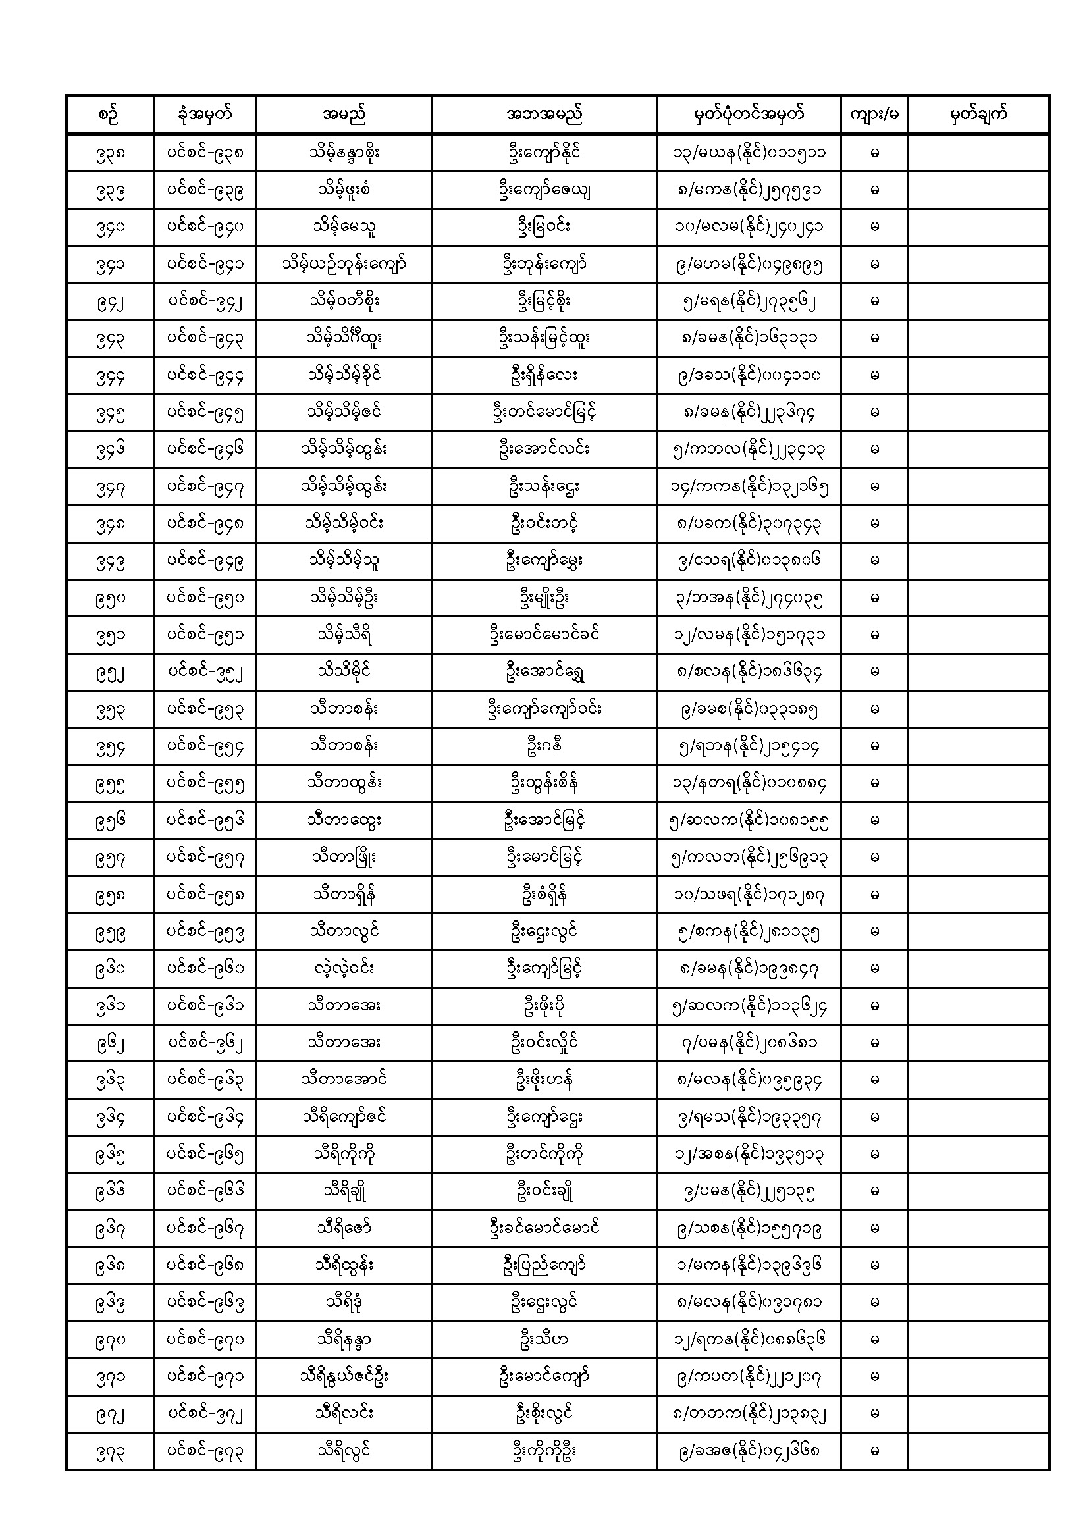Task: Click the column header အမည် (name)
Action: [x=343, y=115]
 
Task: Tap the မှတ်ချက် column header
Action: [x=978, y=115]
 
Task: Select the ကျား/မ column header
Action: [x=874, y=115]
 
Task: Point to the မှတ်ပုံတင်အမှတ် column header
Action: [x=749, y=115]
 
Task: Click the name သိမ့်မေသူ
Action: [x=343, y=227]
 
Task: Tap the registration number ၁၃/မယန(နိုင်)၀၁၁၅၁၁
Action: [x=749, y=153]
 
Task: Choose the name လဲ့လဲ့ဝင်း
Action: [x=343, y=968]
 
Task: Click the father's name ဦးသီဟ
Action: [x=543, y=1340]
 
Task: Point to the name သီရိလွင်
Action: [x=343, y=1451]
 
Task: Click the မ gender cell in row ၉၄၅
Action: [x=874, y=412]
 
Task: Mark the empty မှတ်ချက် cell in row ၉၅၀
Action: [x=978, y=598]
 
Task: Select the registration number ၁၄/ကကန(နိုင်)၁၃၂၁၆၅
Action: [x=749, y=486]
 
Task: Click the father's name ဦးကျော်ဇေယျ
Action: [x=543, y=190]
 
